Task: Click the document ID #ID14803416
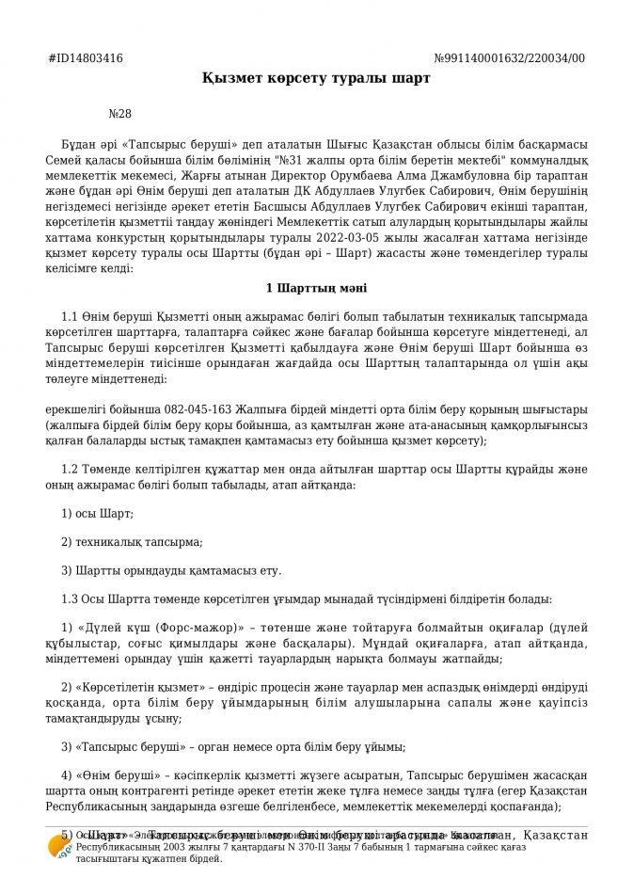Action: point(85,58)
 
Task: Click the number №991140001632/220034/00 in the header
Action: point(509,58)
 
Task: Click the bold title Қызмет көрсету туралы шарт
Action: point(316,79)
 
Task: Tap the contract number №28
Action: point(120,114)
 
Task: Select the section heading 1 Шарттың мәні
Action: point(316,287)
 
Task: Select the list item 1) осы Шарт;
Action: point(97,513)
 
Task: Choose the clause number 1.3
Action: point(69,598)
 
